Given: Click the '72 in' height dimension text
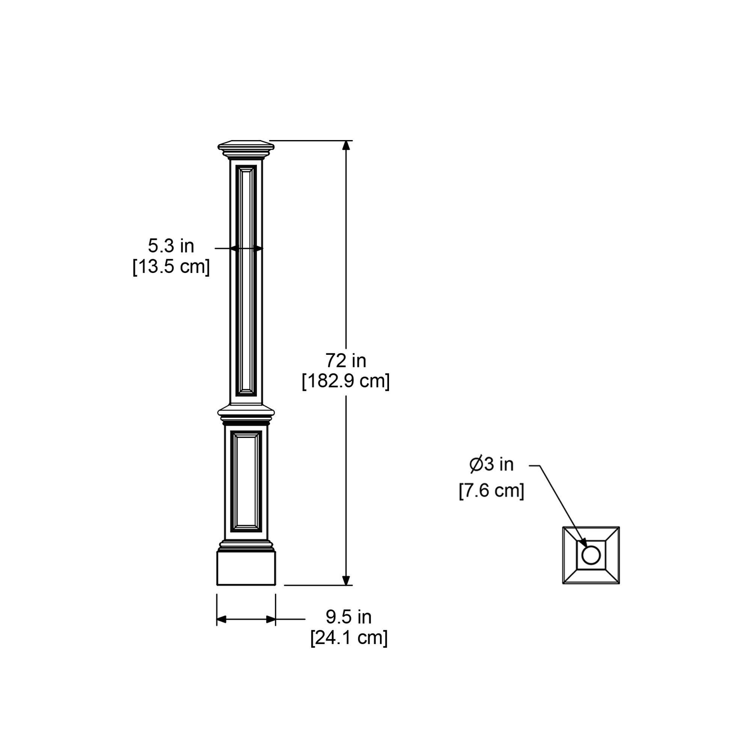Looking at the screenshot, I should point(345,361).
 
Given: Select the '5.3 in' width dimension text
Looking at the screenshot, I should point(170,246).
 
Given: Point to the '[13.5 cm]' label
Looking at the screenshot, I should point(171,267).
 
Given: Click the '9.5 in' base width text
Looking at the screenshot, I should point(348,617).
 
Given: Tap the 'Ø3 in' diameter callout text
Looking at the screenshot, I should point(491,464).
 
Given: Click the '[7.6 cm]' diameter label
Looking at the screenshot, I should point(491,490).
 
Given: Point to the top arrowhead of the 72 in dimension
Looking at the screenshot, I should point(346,145).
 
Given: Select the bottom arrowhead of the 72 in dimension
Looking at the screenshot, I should point(346,581).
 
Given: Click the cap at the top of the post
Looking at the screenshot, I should point(246,148).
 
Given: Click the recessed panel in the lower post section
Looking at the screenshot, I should point(246,481).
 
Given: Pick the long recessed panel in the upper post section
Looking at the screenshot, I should point(246,280).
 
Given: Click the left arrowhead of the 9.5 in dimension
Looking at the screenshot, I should point(221,619).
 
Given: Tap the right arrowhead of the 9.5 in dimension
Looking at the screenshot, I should point(271,619).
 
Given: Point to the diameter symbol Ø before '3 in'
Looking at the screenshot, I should point(476,464).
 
